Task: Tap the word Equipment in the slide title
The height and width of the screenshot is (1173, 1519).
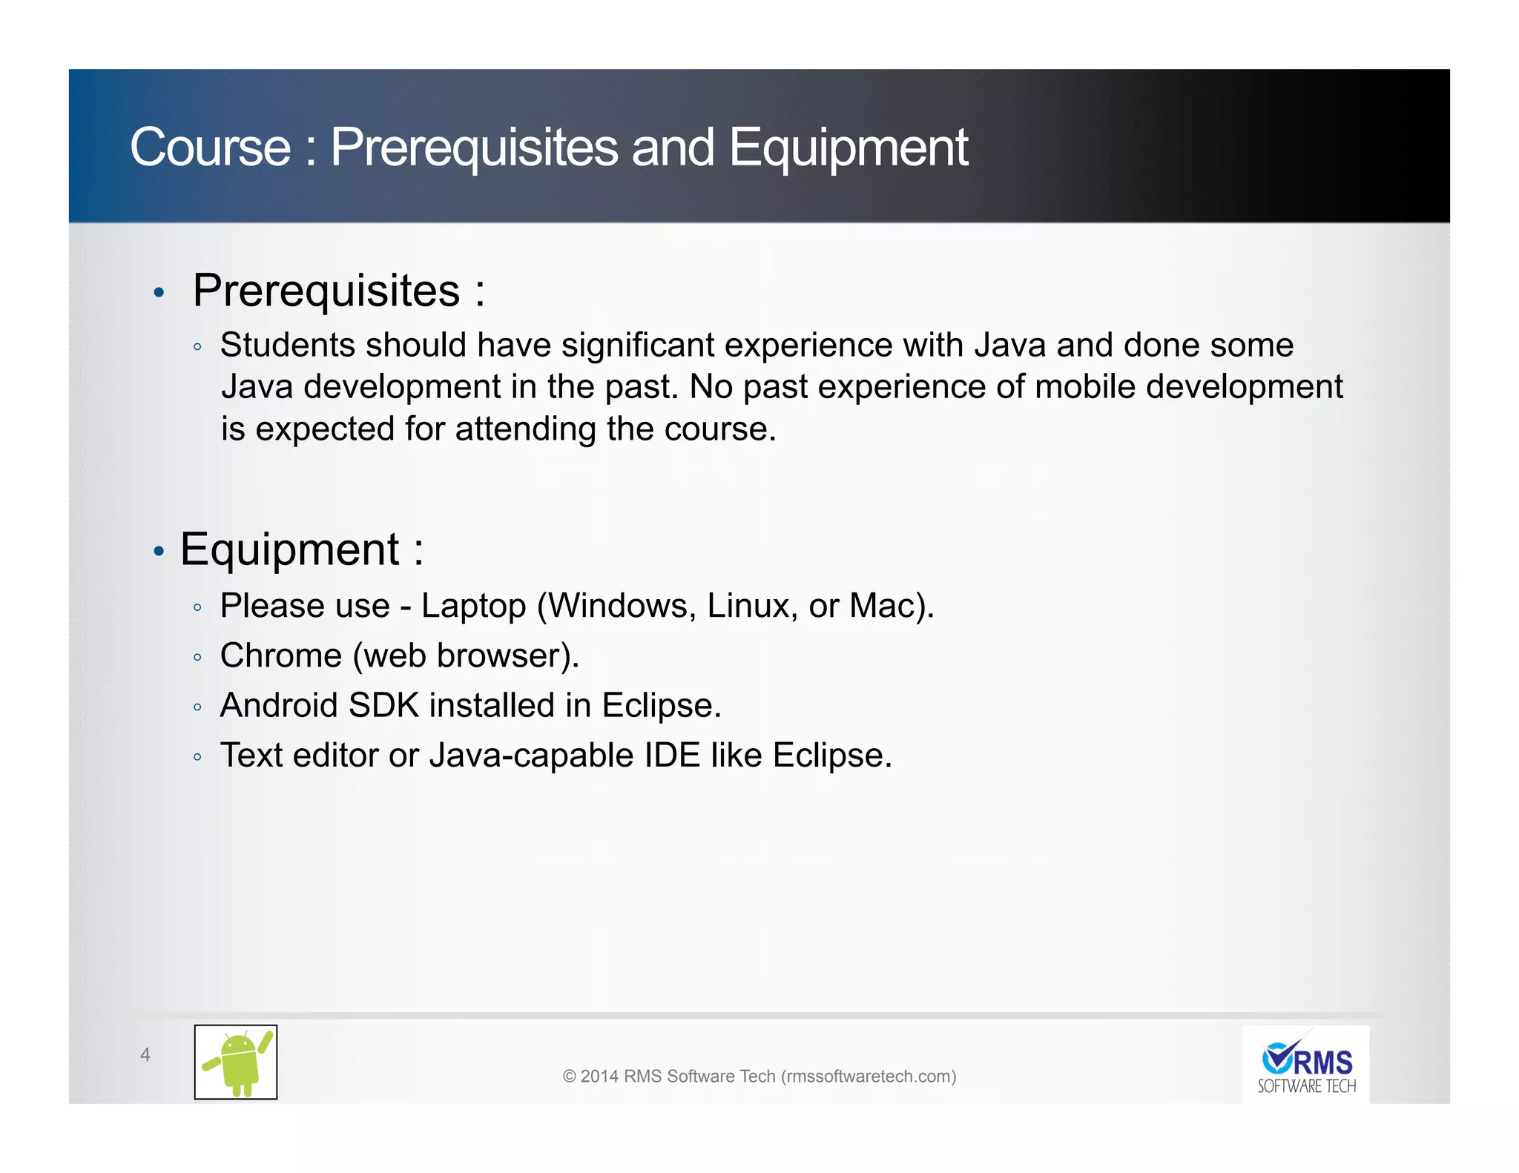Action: point(848,148)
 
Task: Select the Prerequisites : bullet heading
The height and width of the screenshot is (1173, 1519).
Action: point(338,290)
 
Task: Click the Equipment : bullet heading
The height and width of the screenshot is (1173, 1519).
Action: point(301,549)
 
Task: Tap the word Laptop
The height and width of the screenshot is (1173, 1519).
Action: point(473,607)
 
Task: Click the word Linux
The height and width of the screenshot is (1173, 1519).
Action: point(751,607)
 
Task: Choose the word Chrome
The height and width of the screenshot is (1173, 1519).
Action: point(281,656)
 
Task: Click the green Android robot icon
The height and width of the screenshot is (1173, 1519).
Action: point(236,1062)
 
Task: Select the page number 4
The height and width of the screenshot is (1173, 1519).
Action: point(145,1054)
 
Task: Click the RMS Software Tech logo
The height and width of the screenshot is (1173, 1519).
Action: point(1306,1065)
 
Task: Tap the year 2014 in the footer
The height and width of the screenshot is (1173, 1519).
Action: point(599,1077)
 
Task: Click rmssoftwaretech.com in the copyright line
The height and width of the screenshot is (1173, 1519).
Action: point(869,1077)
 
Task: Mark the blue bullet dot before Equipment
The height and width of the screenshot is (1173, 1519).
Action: point(158,552)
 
